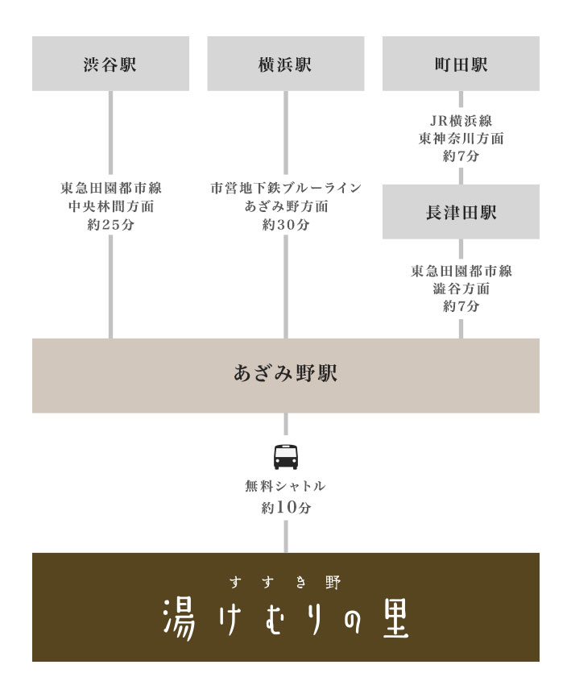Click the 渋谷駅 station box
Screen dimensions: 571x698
point(110,64)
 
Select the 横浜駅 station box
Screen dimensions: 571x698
point(285,64)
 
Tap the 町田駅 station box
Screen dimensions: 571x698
point(461,64)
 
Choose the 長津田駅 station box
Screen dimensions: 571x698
point(461,212)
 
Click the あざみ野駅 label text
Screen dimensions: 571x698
point(285,373)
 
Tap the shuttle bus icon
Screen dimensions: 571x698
point(285,457)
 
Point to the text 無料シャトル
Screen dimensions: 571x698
point(285,486)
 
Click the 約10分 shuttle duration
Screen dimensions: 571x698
point(285,507)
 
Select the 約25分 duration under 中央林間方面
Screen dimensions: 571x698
point(110,224)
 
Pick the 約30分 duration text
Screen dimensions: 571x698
point(285,224)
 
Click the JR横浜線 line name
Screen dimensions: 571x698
point(461,121)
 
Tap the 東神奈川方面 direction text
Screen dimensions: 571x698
point(461,139)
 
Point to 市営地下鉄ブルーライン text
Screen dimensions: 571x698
point(285,188)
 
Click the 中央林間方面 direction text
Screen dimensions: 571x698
point(110,206)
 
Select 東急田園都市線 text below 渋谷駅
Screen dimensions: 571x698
point(110,188)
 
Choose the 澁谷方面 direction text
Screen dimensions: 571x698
point(461,289)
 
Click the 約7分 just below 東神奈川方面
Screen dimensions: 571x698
point(461,156)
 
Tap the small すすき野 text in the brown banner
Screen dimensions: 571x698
point(285,582)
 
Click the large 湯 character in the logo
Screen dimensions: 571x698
point(179,619)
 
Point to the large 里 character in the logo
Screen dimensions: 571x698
point(395,619)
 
